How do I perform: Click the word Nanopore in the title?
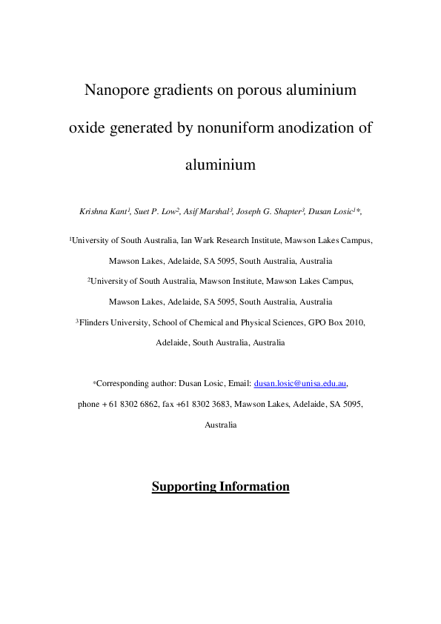(117, 91)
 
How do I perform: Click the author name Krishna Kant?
(102, 212)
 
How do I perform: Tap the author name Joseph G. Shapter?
(271, 212)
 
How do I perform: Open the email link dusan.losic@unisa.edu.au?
(300, 384)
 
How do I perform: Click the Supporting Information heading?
(220, 487)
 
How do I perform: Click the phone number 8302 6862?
(140, 405)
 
